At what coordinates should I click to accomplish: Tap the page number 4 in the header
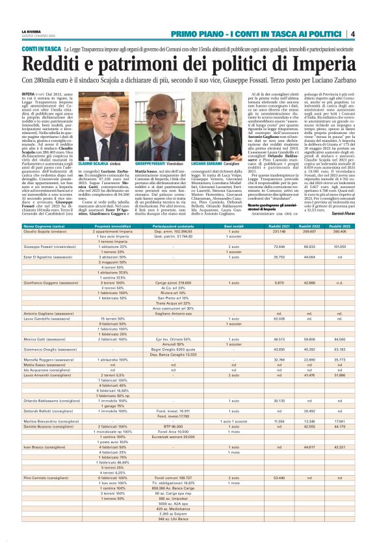click(352, 34)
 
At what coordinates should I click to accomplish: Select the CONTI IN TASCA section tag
click(41, 49)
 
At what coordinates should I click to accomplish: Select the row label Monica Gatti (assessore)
click(46, 339)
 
